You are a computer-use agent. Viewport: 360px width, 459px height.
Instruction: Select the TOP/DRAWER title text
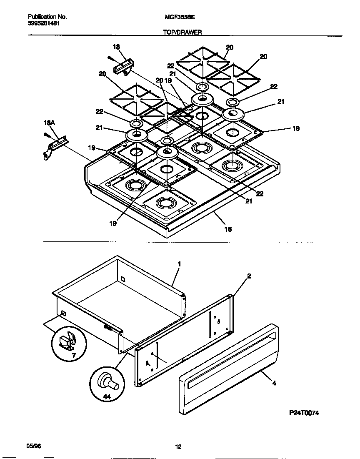click(182, 32)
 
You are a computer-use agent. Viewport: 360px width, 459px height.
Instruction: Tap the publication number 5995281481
click(44, 24)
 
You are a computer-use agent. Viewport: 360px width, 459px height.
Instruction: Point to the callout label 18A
click(49, 123)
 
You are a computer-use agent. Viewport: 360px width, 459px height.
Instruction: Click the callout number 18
click(116, 47)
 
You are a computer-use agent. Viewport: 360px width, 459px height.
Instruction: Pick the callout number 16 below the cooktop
click(228, 229)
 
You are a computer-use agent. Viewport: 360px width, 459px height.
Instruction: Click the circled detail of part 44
click(107, 383)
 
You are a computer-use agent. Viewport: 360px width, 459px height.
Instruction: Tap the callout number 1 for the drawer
click(179, 264)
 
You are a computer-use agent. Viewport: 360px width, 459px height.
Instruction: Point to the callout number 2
click(249, 276)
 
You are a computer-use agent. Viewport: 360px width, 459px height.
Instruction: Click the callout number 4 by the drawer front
click(274, 383)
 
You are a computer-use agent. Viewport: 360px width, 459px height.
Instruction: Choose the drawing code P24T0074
click(304, 413)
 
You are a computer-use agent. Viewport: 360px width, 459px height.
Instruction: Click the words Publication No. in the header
click(47, 17)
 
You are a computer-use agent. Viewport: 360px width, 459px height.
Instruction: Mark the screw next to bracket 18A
click(46, 135)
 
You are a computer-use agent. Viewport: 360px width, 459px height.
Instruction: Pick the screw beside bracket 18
click(110, 58)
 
